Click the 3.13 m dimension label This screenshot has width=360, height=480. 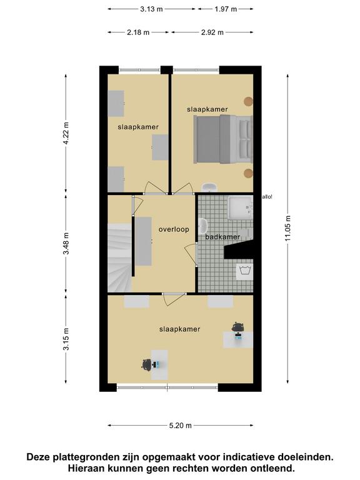151,9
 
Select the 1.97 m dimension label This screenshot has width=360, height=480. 226,9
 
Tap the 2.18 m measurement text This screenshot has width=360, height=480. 138,32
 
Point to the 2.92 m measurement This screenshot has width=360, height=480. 212,32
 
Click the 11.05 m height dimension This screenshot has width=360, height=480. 287,228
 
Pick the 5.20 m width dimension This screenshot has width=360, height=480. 180,426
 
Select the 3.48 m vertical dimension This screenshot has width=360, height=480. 66,243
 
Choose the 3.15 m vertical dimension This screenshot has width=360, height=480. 66,339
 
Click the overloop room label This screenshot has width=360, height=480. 174,229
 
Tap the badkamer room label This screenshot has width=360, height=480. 222,237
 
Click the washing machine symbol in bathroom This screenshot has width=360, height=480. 244,271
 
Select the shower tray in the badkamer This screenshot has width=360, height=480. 240,207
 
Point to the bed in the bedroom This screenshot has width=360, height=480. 223,139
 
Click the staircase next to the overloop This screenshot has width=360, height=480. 120,257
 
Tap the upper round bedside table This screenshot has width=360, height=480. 248,101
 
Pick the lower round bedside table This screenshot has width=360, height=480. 248,173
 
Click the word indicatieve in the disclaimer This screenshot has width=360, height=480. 249,457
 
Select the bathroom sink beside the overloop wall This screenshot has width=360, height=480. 202,226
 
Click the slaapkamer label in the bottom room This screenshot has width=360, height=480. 180,329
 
